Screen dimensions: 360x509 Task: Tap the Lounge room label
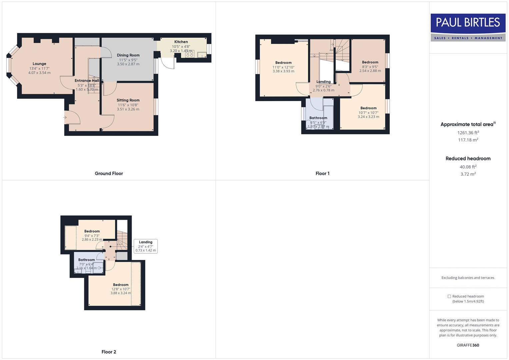[39, 64]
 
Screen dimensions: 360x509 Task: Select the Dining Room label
[128, 55]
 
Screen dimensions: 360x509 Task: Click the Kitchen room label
[181, 42]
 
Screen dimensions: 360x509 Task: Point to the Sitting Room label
[128, 100]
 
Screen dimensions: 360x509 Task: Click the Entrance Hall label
[87, 81]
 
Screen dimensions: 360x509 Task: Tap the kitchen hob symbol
[190, 54]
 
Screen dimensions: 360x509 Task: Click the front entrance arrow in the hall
[65, 117]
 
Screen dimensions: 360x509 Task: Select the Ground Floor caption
[109, 174]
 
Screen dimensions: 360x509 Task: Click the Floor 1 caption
[322, 174]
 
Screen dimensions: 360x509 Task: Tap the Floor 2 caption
[109, 352]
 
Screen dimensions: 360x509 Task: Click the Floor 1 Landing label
[323, 82]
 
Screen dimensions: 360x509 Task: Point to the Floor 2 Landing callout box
[146, 246]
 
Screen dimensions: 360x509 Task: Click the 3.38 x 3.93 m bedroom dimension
[283, 71]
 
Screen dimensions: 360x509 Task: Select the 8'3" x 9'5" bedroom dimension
[370, 67]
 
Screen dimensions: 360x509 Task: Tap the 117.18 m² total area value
[468, 140]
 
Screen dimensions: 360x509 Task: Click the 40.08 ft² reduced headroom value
[468, 167]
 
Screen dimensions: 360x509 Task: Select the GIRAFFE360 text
[468, 345]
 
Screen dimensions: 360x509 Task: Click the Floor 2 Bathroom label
[86, 260]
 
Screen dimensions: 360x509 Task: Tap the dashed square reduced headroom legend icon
[449, 296]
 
